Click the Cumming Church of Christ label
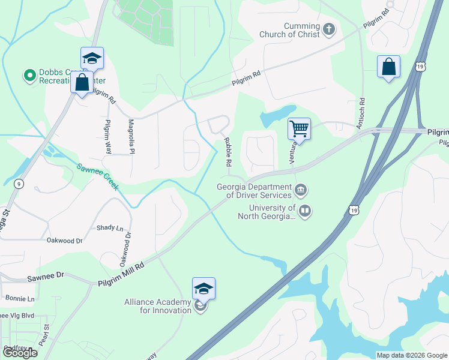289,29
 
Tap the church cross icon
328,28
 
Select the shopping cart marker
299,128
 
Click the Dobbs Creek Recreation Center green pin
29,76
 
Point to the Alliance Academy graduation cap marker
203,289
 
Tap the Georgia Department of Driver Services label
255,190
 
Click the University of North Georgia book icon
306,211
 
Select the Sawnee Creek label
97,175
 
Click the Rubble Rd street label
228,152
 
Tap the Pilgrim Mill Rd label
122,273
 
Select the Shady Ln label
110,228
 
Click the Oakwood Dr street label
64,240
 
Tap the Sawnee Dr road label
45,278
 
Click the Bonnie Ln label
20,298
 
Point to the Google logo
20,353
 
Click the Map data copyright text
411,355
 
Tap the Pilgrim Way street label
108,137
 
